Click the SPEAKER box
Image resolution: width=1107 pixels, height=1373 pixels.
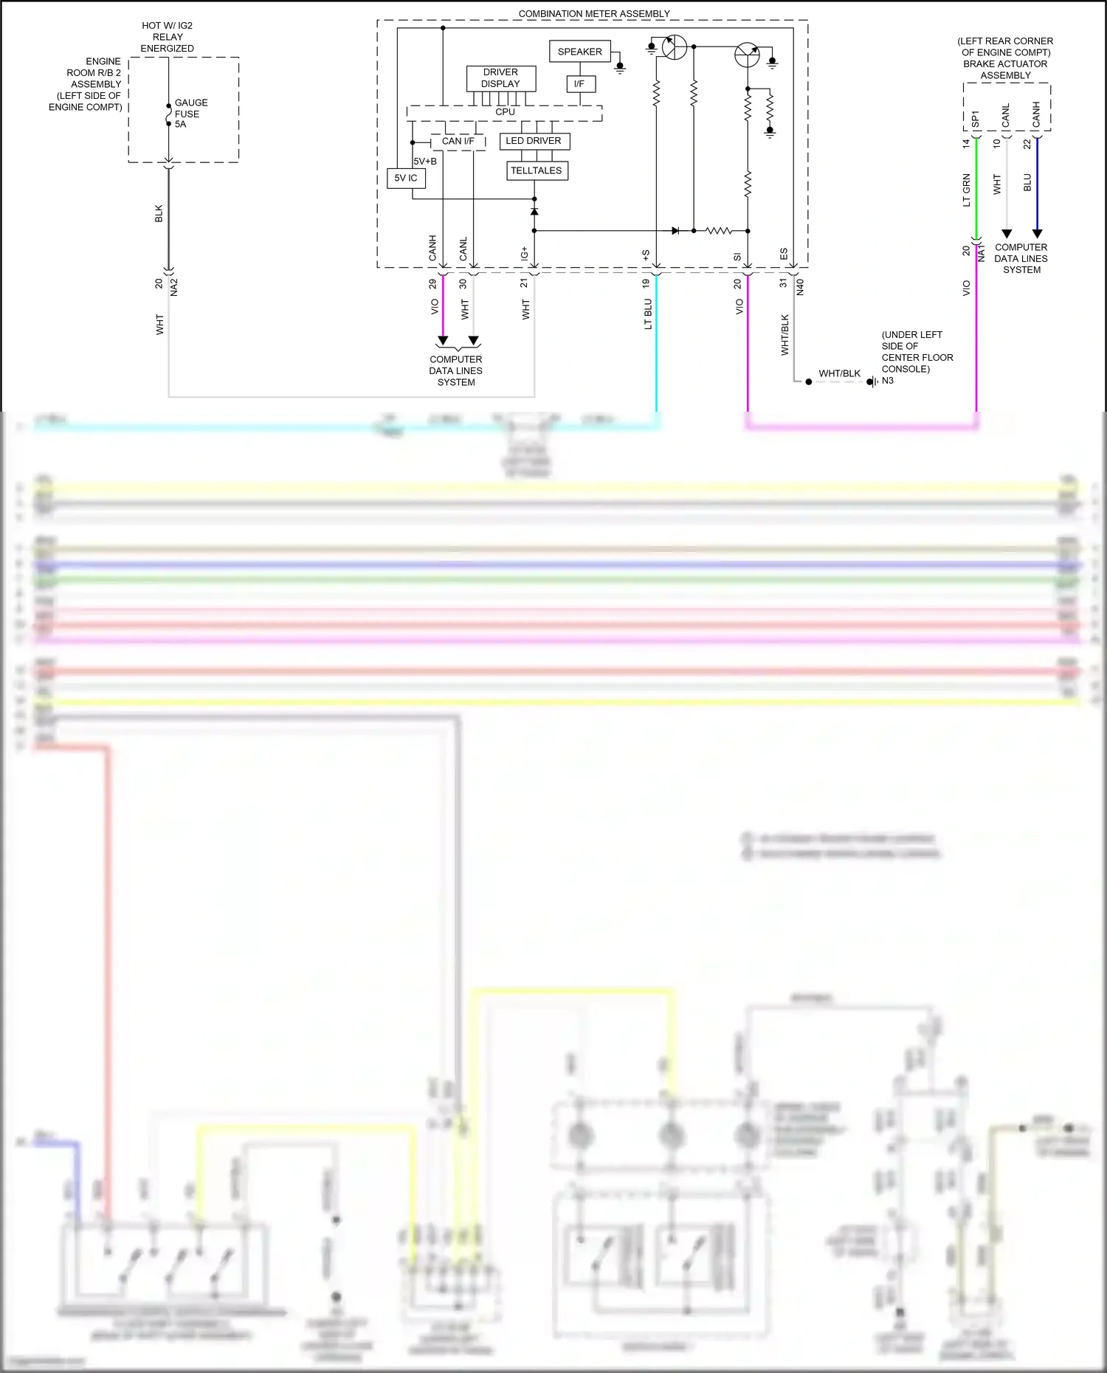pos(579,52)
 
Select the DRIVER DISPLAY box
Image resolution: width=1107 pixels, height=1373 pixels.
pos(500,78)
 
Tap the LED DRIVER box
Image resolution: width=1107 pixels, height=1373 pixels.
pos(534,141)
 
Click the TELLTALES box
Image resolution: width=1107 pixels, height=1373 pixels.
pos(537,170)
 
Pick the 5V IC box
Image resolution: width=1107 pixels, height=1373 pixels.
pos(406,178)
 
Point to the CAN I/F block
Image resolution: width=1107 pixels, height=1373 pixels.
pos(458,141)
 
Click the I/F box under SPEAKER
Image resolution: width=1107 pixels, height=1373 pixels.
pos(579,84)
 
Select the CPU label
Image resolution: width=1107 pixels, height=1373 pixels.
pos(505,112)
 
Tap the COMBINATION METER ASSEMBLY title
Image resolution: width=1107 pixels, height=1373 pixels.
pos(594,13)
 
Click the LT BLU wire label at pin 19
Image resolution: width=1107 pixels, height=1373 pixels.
pos(648,314)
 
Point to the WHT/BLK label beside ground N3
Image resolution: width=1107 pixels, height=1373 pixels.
pos(839,373)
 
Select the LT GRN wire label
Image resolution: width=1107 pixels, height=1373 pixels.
pos(966,190)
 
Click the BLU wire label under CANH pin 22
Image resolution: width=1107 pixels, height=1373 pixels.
pos(1027,183)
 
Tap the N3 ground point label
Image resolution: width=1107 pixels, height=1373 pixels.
pos(888,381)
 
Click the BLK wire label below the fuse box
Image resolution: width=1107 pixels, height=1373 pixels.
pos(159,214)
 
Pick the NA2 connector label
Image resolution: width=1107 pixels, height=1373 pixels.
pos(174,287)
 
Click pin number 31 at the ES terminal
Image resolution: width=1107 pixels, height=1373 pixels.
pos(784,283)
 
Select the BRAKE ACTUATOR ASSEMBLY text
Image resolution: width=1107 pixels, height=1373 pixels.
pos(1005,69)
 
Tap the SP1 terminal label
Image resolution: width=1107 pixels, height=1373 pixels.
pos(975,119)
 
